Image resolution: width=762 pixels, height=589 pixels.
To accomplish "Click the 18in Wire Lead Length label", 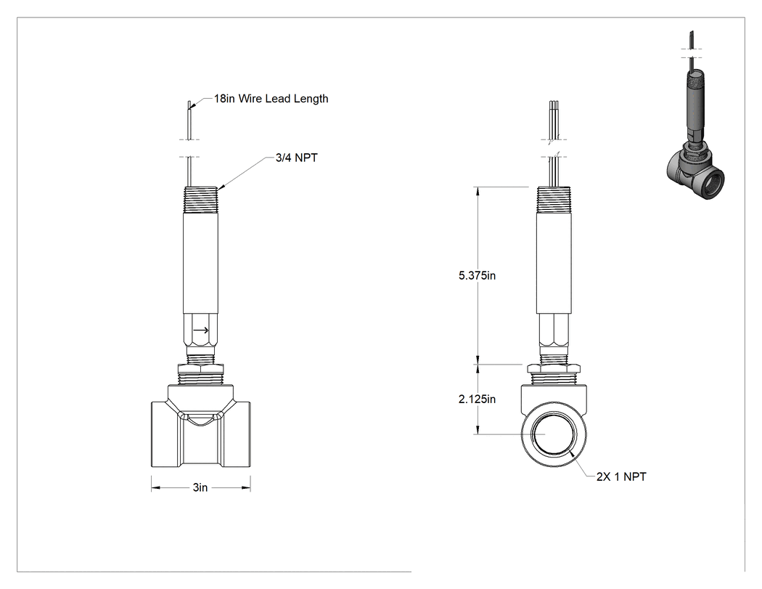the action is [271, 99].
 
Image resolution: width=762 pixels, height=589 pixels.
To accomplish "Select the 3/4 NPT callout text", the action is [296, 158].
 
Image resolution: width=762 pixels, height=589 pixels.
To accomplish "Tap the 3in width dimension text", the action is [200, 487].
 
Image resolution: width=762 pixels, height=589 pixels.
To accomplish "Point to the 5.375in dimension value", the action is [478, 276].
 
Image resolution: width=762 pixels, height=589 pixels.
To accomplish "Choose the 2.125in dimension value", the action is [478, 399].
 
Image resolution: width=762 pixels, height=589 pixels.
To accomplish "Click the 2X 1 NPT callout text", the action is [621, 476].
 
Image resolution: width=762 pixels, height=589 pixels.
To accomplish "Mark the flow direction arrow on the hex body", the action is [201, 330].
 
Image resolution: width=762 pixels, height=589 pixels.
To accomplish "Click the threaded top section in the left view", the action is [201, 200].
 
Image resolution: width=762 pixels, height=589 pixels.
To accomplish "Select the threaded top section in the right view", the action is [554, 200].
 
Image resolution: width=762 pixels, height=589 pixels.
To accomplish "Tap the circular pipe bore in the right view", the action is [554, 434].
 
